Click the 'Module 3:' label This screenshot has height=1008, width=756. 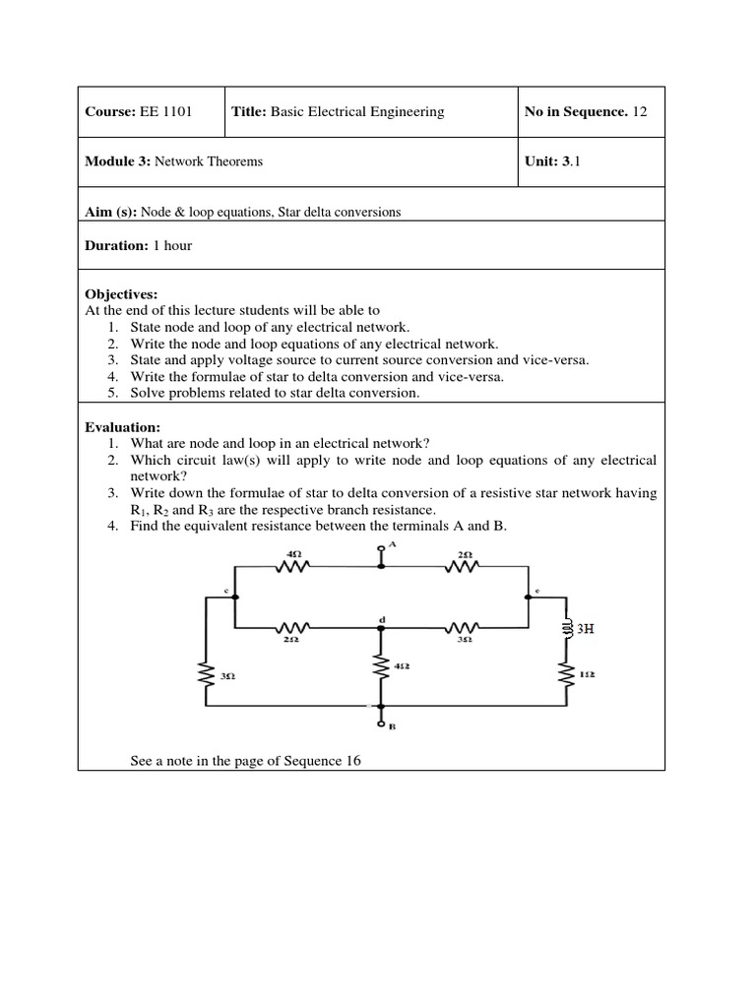click(x=117, y=160)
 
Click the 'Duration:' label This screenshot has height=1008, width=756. click(x=117, y=245)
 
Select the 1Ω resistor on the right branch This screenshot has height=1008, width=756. click(x=567, y=674)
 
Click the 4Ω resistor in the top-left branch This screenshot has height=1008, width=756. click(x=294, y=566)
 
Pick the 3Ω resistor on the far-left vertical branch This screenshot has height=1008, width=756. click(x=207, y=675)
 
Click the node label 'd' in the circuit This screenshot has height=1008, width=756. click(x=382, y=618)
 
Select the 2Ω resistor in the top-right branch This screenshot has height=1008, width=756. click(x=464, y=566)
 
